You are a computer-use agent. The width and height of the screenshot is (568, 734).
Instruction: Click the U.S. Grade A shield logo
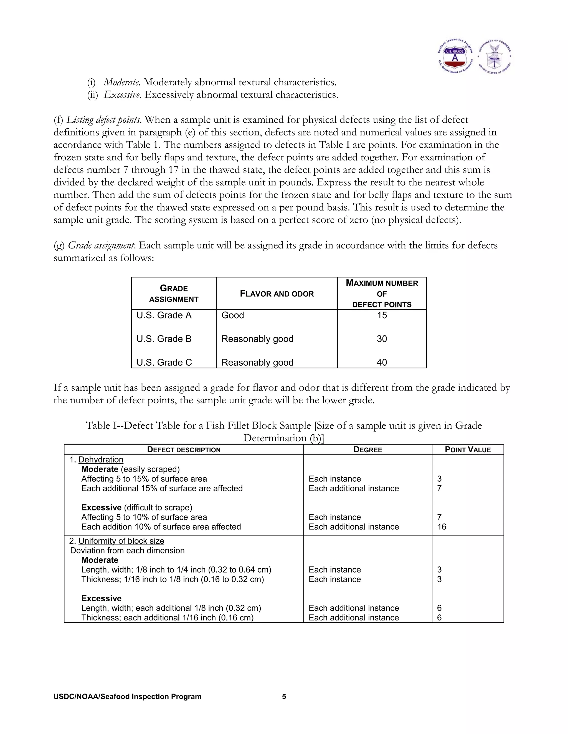(x=455, y=56)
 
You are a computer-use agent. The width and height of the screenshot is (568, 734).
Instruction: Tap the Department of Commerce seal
(x=495, y=56)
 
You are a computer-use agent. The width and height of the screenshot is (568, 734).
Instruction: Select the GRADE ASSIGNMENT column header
(x=174, y=293)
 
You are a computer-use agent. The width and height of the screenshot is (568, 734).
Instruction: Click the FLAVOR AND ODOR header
(x=277, y=294)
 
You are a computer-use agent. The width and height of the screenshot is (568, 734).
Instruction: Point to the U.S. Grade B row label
(x=164, y=339)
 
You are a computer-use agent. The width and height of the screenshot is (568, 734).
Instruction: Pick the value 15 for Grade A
(x=382, y=315)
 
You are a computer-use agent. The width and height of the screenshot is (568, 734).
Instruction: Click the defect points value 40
(x=382, y=362)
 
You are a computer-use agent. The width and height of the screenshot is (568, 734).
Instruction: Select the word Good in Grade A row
(x=232, y=315)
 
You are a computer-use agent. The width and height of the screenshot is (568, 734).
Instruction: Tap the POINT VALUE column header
(x=468, y=450)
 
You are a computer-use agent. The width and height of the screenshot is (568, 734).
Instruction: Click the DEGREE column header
(x=367, y=450)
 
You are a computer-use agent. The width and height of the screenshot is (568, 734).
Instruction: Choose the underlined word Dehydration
(x=101, y=460)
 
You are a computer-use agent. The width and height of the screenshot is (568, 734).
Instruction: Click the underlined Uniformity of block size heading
(x=121, y=541)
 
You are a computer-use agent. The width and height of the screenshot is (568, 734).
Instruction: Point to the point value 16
(x=442, y=527)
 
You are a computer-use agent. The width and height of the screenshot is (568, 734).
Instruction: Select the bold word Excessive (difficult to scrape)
(x=101, y=507)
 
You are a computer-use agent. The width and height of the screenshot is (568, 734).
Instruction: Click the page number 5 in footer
(x=284, y=697)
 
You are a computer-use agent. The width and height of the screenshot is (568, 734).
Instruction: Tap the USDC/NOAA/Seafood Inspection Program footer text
(x=127, y=697)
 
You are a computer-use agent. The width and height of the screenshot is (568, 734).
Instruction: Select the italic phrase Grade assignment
(x=101, y=245)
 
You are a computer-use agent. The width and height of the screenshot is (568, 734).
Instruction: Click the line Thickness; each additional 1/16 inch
(x=167, y=618)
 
